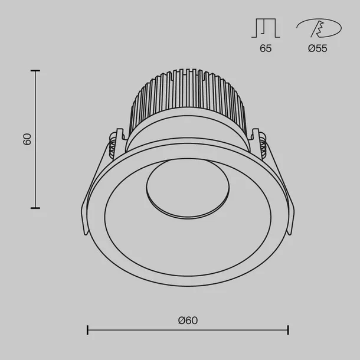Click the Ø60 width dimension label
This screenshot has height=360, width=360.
click(187, 320)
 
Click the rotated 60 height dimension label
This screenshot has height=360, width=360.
click(27, 139)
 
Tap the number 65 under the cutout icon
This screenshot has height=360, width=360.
click(266, 49)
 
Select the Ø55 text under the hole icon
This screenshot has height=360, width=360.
click(318, 49)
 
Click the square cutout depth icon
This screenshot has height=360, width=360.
click(266, 28)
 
